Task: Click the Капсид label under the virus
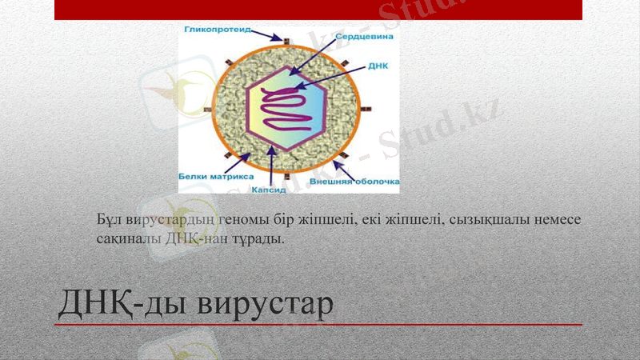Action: (270, 190)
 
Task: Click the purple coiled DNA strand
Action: (288, 111)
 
